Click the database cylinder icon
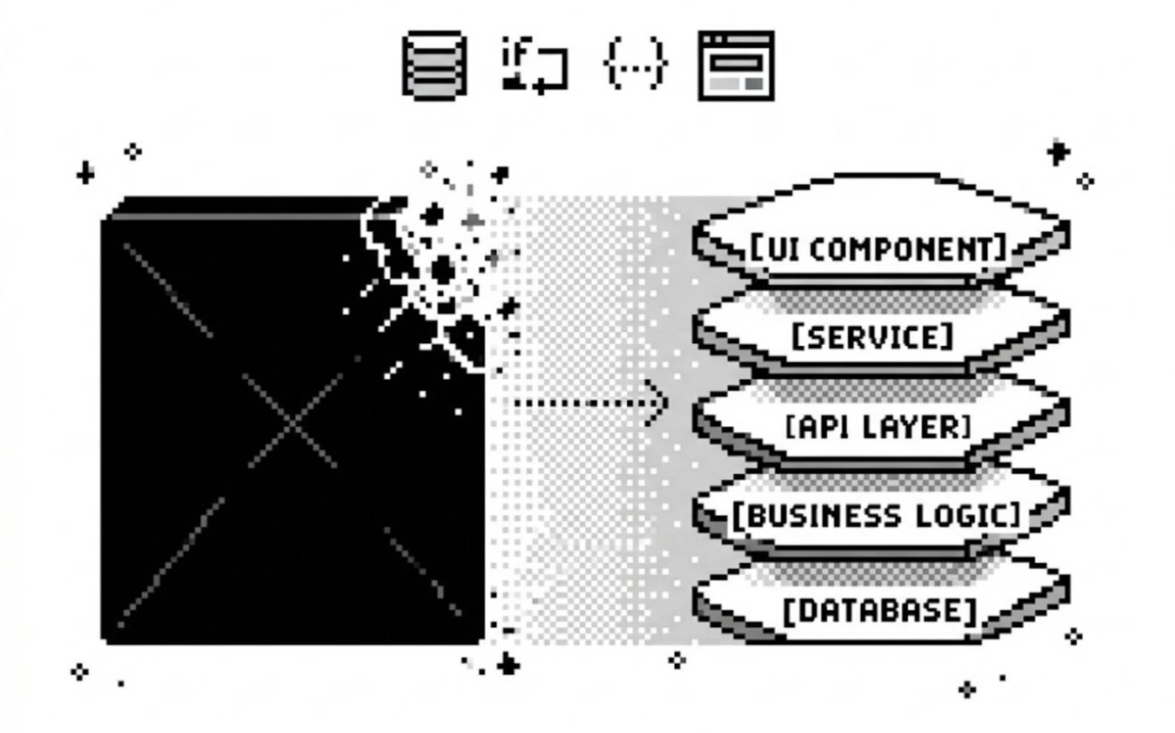(x=434, y=66)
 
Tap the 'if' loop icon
(x=534, y=66)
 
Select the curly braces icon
(x=635, y=63)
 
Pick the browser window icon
(x=736, y=66)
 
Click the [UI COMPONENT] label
(x=879, y=248)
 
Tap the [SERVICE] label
(x=872, y=337)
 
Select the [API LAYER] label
(x=879, y=426)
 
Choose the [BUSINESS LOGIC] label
(x=876, y=516)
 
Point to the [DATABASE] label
(x=881, y=611)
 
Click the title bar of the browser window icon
(x=736, y=39)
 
